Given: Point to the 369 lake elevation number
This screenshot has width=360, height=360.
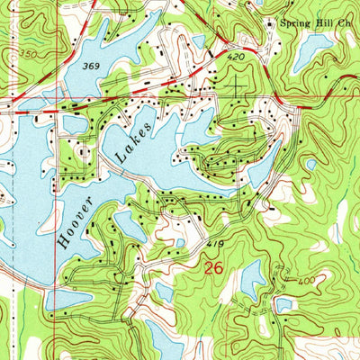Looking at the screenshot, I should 90,67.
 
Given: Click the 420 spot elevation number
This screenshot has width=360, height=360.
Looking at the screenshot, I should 236,57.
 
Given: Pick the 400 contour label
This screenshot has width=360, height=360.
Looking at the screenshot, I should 307,282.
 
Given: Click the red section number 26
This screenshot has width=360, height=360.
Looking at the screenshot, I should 213,268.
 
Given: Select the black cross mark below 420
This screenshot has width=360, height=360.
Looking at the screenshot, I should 238,85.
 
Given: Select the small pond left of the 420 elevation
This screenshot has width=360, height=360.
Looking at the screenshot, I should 198,42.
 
